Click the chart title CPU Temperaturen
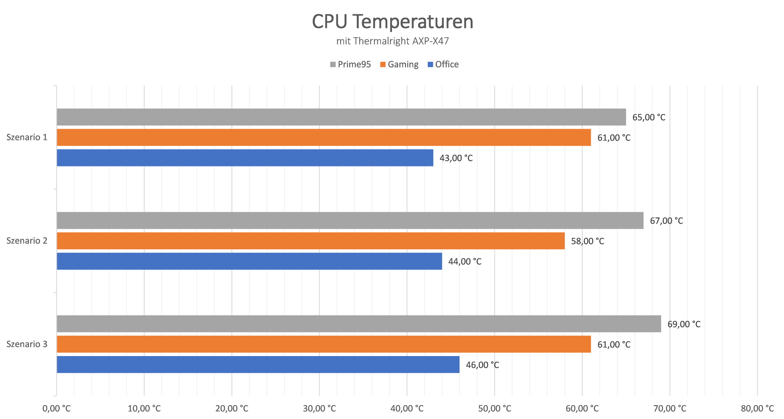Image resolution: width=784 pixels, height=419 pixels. pos(392,22)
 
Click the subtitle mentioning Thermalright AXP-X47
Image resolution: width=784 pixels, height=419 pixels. pos(392,41)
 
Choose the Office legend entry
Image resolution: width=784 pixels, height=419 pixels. pos(443,64)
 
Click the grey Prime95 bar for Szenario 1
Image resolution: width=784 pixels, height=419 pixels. pos(341,117)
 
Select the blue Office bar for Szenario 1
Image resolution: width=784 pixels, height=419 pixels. pos(245,158)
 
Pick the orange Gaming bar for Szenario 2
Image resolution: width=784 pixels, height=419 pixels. pos(310,241)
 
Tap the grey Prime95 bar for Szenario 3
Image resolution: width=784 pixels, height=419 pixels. pos(359,324)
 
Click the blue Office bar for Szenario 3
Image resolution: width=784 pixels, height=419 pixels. pos(258,365)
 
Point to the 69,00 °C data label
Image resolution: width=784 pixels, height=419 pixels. pos(684,324)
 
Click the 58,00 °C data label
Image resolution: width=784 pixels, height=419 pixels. pos(588,241)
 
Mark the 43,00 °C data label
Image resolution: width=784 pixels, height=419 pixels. pos(456,158)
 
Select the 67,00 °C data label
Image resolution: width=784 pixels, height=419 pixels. pos(666,221)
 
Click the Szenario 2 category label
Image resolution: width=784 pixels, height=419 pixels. pos(27,241)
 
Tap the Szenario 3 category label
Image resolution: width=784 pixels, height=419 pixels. pos(27,344)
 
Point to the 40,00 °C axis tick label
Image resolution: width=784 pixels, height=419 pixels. pos(407,408)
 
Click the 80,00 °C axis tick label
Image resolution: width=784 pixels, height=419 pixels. pos(757,408)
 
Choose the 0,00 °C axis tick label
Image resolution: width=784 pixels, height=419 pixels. pos(56,408)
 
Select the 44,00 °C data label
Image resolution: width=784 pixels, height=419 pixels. pos(465,262)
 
